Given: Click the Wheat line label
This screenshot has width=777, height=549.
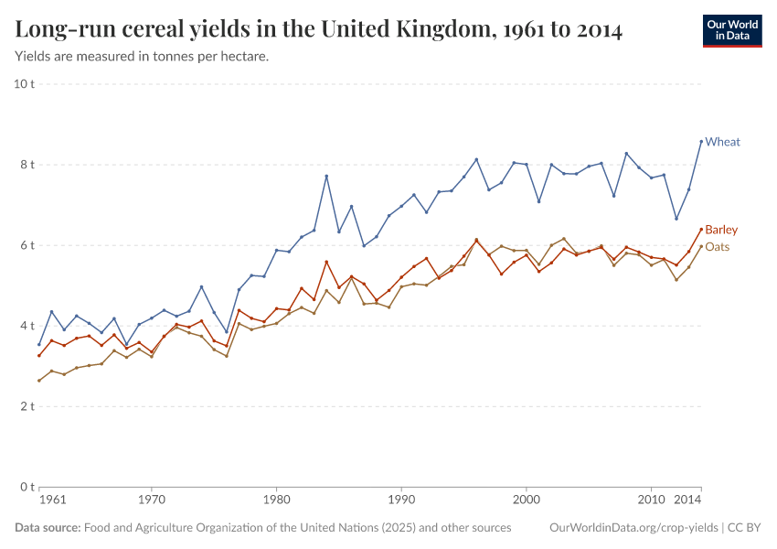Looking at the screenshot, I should (722, 142).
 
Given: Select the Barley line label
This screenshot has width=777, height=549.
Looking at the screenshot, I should (721, 230).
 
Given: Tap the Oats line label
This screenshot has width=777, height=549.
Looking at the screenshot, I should (718, 247).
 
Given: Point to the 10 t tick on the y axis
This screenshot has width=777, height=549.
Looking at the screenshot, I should (24, 84).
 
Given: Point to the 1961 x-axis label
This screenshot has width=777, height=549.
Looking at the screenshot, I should (53, 501).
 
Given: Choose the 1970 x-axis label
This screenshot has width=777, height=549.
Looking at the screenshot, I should (152, 501).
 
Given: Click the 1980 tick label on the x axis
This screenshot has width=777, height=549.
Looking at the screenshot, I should (276, 501).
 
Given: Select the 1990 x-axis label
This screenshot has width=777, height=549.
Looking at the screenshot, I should (400, 501).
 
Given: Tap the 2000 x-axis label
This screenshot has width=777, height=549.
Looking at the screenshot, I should (526, 501).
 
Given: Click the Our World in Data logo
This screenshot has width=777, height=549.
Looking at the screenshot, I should (731, 30).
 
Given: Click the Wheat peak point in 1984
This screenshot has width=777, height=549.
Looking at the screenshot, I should (326, 177).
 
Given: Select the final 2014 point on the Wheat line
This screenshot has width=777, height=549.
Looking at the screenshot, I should (701, 141).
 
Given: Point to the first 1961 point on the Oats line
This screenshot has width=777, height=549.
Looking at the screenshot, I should (39, 381).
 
